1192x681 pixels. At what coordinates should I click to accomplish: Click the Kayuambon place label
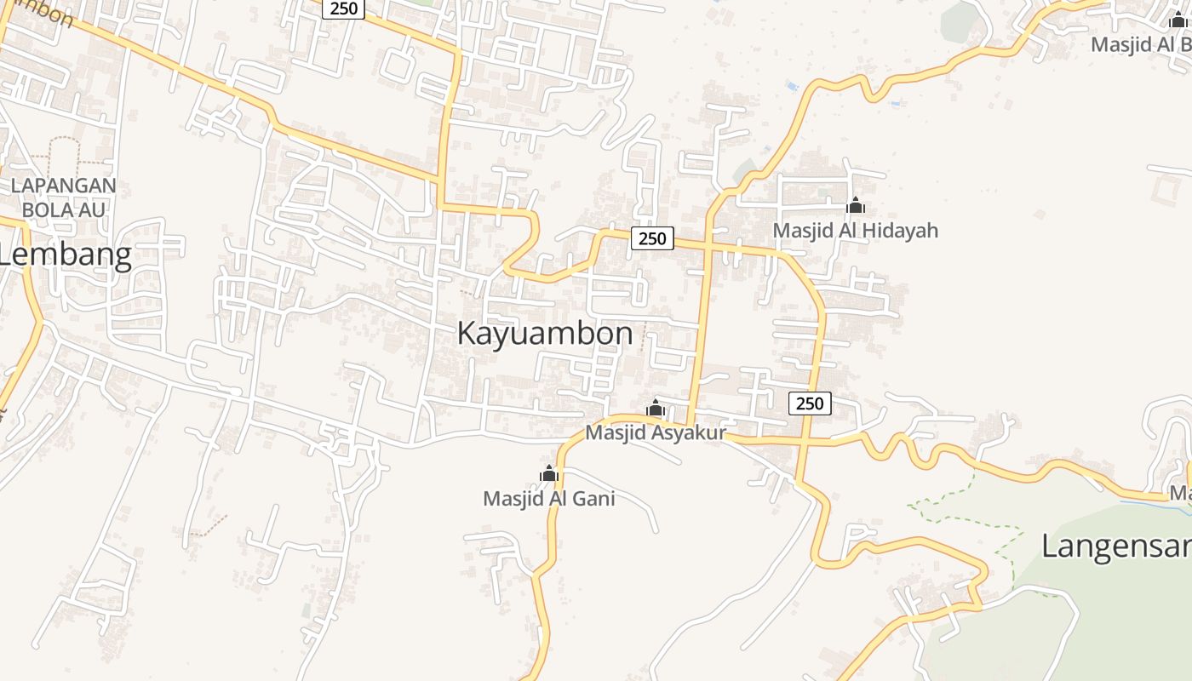pyautogui.click(x=545, y=334)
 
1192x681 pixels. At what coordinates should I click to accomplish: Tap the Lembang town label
pyautogui.click(x=66, y=255)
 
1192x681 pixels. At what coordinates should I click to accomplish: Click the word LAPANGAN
pyautogui.click(x=63, y=186)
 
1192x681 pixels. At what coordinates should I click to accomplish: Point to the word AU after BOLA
pyautogui.click(x=94, y=209)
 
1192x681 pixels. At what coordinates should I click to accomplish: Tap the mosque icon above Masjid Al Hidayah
pyautogui.click(x=856, y=205)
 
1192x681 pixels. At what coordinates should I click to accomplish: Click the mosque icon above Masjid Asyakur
pyautogui.click(x=655, y=408)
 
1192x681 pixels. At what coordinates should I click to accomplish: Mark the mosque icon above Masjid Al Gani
pyautogui.click(x=549, y=473)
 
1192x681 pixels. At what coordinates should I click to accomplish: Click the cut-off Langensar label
pyautogui.click(x=1116, y=546)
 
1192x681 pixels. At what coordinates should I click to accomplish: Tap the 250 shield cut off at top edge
pyautogui.click(x=343, y=9)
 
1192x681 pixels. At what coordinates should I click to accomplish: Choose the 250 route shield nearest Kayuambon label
pyautogui.click(x=652, y=238)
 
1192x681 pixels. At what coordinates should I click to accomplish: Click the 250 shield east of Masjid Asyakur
pyautogui.click(x=810, y=403)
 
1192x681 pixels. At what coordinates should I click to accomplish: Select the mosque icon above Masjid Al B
pyautogui.click(x=1178, y=20)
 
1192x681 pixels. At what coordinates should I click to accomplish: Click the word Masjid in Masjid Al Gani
pyautogui.click(x=512, y=499)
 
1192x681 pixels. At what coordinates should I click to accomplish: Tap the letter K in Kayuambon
pyautogui.click(x=467, y=334)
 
